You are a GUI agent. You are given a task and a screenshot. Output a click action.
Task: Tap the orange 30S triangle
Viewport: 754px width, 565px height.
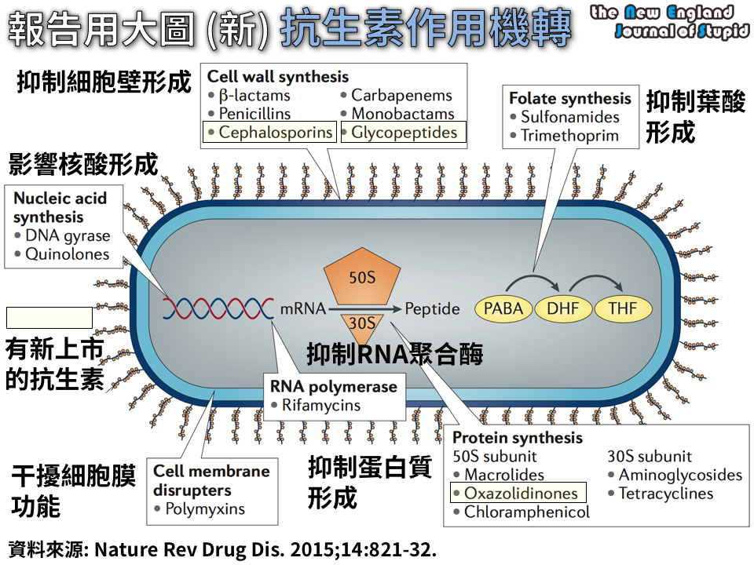point(361,323)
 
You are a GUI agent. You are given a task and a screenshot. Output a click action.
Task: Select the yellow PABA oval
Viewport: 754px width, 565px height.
point(503,308)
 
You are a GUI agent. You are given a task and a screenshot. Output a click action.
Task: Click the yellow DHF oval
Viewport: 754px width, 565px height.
point(563,308)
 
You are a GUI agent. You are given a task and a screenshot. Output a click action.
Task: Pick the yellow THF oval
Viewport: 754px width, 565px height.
point(623,308)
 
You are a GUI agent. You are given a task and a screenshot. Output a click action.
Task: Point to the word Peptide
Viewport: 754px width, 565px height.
point(432,308)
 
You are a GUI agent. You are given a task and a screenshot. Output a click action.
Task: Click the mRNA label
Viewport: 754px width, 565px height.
point(303,308)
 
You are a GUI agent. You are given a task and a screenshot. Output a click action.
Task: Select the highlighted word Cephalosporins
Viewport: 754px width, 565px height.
point(276,133)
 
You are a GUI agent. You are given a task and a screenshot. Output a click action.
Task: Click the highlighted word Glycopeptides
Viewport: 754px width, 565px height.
point(404,133)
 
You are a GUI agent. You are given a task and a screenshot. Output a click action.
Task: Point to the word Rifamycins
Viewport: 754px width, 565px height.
point(322,406)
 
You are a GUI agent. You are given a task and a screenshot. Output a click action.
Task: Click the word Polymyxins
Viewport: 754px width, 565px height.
point(204,508)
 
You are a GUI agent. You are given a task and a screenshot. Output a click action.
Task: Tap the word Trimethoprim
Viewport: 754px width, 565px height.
point(569,136)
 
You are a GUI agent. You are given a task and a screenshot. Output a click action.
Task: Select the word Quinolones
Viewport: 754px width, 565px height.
point(67,254)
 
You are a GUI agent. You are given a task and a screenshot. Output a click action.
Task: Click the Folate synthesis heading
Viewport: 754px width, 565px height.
point(570,99)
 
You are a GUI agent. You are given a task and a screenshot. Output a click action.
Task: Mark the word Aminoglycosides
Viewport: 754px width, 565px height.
point(680,475)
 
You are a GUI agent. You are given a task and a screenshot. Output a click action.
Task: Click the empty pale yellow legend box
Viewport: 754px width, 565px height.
point(49,318)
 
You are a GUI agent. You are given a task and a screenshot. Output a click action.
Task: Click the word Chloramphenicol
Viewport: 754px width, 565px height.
point(527,512)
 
